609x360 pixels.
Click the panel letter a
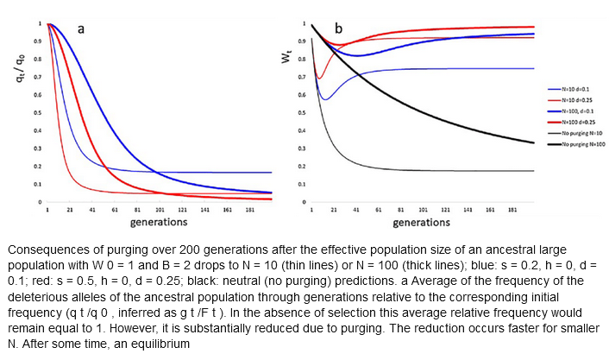tap(81, 28)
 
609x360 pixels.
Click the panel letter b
tap(339, 29)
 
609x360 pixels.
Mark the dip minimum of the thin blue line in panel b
tap(324, 99)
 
